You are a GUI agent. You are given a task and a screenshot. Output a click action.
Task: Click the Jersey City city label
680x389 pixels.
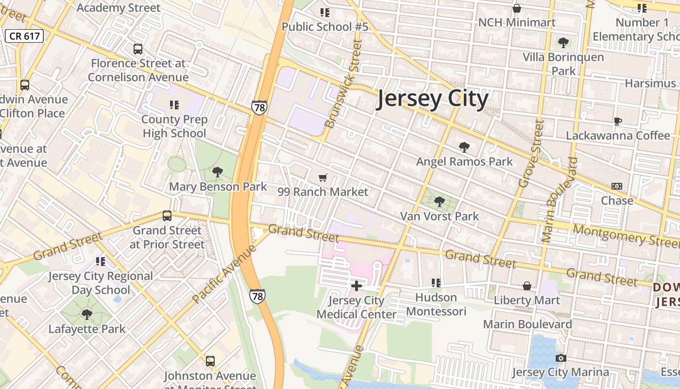coord(432,99)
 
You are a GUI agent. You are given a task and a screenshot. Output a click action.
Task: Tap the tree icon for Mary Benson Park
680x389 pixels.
coord(218,172)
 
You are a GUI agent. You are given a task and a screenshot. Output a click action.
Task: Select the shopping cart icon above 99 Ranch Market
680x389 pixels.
coord(323,178)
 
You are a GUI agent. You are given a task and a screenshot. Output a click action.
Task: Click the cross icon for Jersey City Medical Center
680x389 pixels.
coord(357,285)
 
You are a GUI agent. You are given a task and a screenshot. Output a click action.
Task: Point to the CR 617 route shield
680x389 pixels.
coord(25,36)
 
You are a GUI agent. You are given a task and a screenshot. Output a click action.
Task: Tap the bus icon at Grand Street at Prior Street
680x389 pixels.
coord(167,215)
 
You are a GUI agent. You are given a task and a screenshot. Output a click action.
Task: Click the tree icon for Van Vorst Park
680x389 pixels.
coord(440,201)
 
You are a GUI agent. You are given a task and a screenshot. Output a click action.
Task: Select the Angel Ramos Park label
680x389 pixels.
coord(464,161)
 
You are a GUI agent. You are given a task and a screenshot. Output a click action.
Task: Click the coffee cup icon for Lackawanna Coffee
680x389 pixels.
coord(618,121)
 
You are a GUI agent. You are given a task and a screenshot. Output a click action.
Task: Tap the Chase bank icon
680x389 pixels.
coord(617,186)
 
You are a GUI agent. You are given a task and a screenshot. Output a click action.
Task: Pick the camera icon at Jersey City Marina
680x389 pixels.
coord(561,358)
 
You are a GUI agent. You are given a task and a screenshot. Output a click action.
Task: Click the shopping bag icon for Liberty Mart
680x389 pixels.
coord(527,286)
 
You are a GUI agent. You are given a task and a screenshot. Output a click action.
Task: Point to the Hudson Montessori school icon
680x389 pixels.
coord(436,283)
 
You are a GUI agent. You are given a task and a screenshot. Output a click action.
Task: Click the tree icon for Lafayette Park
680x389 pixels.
coord(87,315)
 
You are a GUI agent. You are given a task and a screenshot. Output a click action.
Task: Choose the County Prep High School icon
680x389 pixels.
coord(174,105)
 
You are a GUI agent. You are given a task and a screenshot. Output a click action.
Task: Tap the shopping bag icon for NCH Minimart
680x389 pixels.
coord(517,9)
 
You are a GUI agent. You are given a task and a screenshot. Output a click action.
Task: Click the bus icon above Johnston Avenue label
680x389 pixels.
coord(210,361)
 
